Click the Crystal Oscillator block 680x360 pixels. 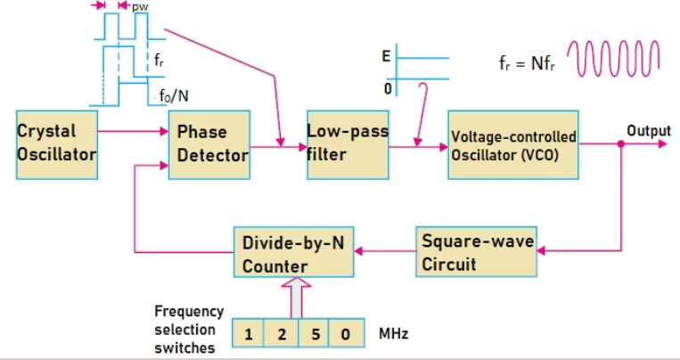click(x=56, y=143)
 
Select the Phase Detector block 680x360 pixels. click(x=208, y=143)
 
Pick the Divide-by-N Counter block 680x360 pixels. click(x=292, y=253)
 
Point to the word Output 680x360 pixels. click(x=648, y=131)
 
